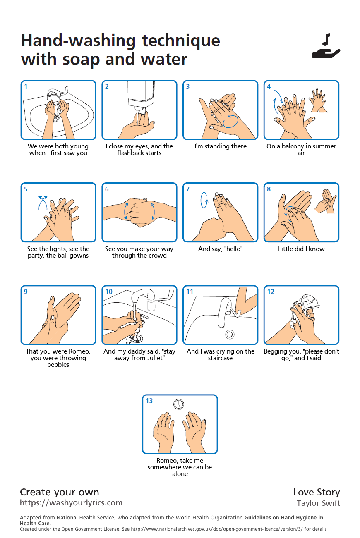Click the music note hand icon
pos(326,46)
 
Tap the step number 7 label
pos(188,189)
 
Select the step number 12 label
pos(271,292)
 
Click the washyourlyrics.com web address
pos(71,503)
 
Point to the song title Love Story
pos(316,492)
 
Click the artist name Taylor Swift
pos(318,503)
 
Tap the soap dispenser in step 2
pos(140,96)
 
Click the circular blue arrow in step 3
pos(230,121)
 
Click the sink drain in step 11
pos(230,334)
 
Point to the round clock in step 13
pos(179,404)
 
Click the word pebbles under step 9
pos(58,365)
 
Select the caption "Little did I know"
pos(301,249)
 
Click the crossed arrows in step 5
pos(43,203)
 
